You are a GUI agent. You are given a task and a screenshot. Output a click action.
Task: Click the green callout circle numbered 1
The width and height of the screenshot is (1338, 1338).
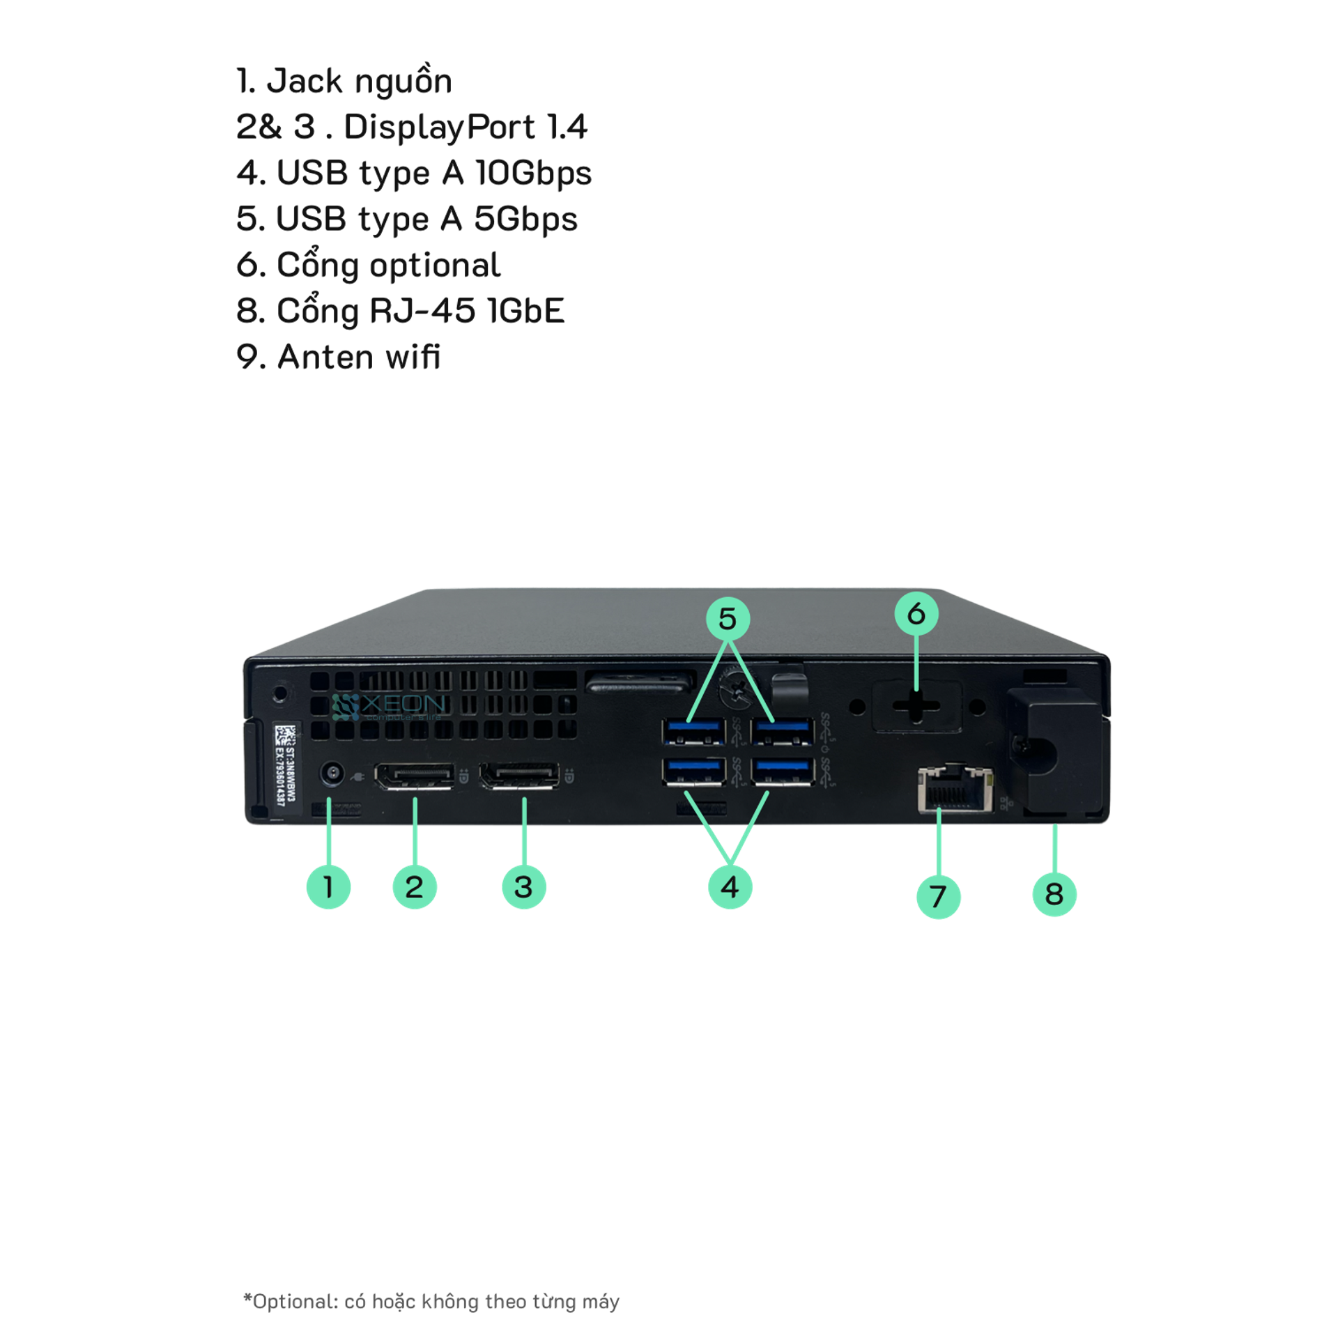tap(328, 887)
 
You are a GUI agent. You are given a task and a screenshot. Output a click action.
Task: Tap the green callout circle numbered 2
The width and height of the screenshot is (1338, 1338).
tap(415, 887)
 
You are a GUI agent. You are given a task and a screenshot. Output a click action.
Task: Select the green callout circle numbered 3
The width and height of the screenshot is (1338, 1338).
tap(524, 887)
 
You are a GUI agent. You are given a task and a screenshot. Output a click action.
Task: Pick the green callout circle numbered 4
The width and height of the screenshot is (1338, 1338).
tap(730, 887)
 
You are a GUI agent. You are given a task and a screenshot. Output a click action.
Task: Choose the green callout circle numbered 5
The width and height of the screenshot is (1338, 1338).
tap(728, 618)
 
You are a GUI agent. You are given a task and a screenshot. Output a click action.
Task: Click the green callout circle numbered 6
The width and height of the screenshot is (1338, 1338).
tap(916, 613)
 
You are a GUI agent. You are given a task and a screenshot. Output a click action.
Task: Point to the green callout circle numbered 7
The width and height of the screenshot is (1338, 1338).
tap(939, 896)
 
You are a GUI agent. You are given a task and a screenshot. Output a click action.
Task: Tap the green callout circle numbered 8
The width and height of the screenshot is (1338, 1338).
tap(1054, 894)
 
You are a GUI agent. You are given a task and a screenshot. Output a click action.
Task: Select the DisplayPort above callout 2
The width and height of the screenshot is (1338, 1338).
tap(415, 776)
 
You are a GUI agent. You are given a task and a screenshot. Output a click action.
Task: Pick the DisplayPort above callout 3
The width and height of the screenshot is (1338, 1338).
tap(519, 776)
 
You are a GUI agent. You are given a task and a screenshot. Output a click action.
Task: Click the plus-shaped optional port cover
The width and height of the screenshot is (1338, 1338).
tap(916, 705)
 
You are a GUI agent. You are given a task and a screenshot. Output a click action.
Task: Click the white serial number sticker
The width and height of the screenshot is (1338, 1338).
tap(286, 764)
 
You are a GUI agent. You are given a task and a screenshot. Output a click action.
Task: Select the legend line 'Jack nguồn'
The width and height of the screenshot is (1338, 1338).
tap(344, 82)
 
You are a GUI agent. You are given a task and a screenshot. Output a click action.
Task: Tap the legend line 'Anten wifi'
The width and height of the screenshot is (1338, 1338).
tap(339, 357)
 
